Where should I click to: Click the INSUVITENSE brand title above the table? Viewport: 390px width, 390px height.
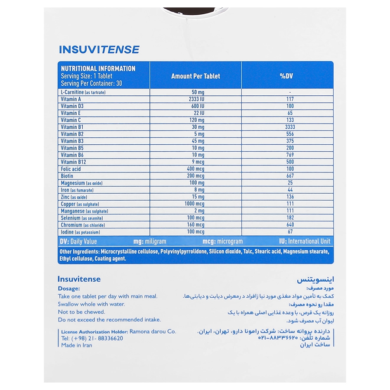(99, 50)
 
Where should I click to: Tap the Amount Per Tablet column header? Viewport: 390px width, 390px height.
(195, 76)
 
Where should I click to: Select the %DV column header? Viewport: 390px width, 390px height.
(287, 76)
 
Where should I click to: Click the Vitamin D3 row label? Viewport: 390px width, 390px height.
(71, 106)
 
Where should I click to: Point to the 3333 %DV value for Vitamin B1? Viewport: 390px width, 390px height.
(290, 127)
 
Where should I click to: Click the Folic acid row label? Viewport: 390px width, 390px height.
(71, 169)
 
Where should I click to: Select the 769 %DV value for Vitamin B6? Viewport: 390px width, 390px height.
(290, 155)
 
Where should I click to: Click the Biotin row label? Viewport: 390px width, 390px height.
(67, 176)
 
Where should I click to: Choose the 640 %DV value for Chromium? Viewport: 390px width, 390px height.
(290, 225)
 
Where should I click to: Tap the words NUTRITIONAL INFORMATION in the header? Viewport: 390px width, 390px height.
(98, 68)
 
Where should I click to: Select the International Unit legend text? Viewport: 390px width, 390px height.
(309, 241)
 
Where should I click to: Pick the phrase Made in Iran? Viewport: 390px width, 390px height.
(77, 345)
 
